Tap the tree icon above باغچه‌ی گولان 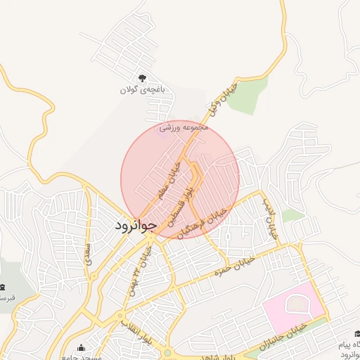tap(143, 78)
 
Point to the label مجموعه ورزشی tap(185, 129)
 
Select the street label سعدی tap(88, 251)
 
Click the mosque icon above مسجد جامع tap(82, 349)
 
